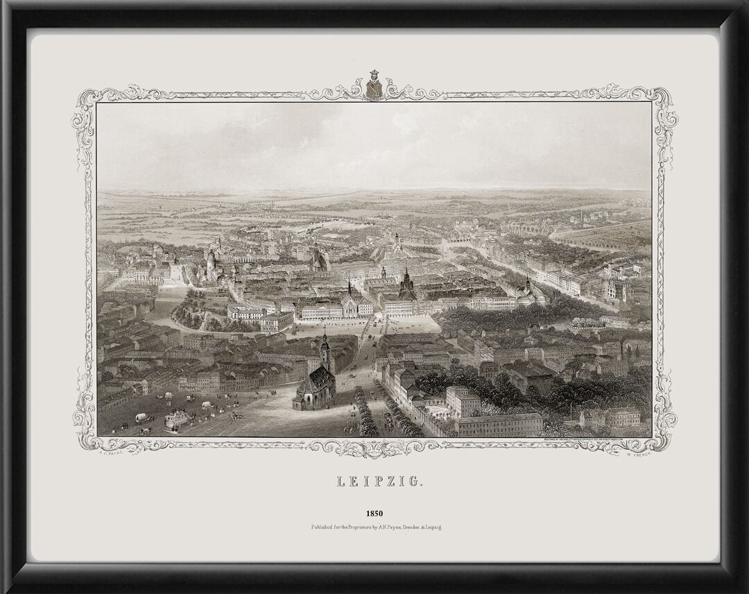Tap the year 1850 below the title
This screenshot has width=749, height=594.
point(374,514)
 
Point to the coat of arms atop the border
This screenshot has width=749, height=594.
point(374,86)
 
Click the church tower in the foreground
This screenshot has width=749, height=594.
point(325,353)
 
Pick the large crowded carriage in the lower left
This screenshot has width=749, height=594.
point(176,419)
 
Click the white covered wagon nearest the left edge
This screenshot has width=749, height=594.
point(141,418)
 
